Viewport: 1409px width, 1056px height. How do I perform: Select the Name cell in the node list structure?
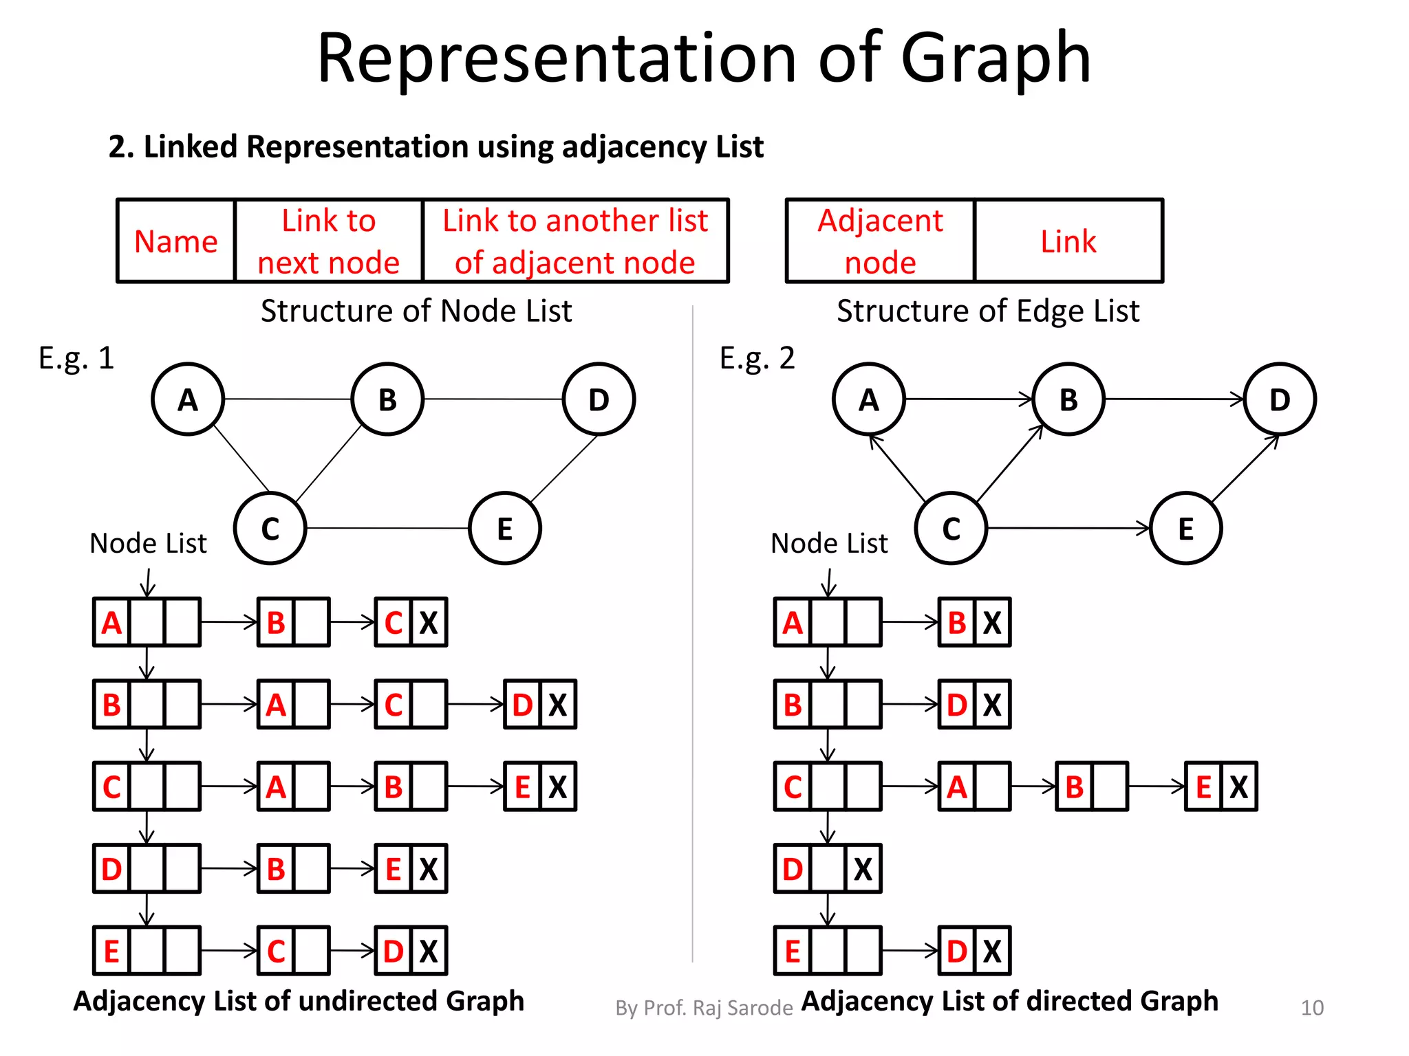point(176,241)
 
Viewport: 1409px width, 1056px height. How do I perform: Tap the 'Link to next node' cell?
point(328,241)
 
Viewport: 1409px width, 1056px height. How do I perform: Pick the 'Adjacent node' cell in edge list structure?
point(880,241)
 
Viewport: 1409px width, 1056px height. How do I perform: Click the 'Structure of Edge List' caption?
point(987,311)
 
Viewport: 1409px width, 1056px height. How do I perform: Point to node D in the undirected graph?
point(599,399)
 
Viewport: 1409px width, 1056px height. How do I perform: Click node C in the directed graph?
point(951,529)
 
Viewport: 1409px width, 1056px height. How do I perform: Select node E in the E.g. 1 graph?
point(504,529)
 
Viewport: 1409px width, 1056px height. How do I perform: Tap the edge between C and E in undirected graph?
point(387,528)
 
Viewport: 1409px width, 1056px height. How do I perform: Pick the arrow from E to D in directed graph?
point(1245,467)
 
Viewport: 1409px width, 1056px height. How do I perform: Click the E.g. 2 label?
point(757,358)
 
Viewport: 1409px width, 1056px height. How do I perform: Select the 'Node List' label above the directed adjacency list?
point(829,543)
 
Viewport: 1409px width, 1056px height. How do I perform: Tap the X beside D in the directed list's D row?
point(863,869)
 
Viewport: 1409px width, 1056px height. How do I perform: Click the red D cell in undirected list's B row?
point(522,705)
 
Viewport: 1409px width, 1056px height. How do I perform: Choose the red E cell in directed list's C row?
point(1203,786)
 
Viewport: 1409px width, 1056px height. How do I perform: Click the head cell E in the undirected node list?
point(111,951)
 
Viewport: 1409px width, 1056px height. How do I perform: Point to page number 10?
point(1311,1008)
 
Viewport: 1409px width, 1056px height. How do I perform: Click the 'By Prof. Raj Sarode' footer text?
point(704,1008)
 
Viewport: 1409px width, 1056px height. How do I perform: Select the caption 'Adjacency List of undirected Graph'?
point(299,1001)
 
